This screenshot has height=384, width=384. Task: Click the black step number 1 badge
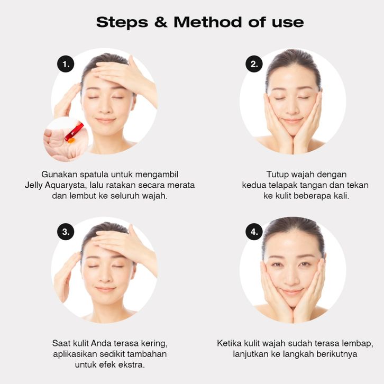click(x=66, y=64)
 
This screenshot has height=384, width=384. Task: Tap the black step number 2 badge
click(x=254, y=64)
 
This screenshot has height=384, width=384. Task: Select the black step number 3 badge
click(x=66, y=232)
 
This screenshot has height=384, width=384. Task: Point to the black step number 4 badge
click(x=254, y=232)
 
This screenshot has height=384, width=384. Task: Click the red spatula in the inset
click(x=74, y=132)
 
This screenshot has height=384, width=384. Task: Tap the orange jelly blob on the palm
click(x=71, y=141)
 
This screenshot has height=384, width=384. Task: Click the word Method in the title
click(x=208, y=22)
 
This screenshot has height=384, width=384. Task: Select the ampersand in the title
click(x=161, y=22)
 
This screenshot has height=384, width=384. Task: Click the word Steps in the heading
click(x=122, y=23)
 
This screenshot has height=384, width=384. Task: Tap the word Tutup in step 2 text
click(x=277, y=175)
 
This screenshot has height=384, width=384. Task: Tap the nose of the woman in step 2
click(x=292, y=109)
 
